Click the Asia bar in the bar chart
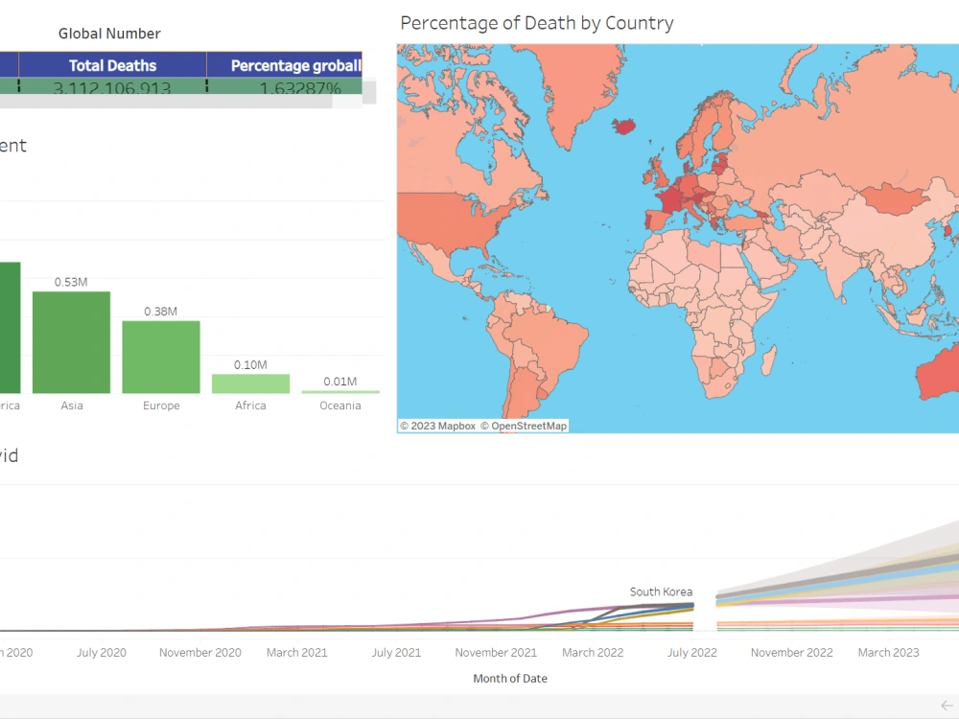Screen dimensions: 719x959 pyautogui.click(x=71, y=342)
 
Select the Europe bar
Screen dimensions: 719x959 pyautogui.click(x=161, y=357)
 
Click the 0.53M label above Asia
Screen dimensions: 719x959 pyautogui.click(x=72, y=282)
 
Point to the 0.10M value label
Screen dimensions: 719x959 pyautogui.click(x=250, y=365)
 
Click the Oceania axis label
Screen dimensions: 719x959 pyautogui.click(x=340, y=406)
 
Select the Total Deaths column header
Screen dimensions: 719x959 pyautogui.click(x=112, y=65)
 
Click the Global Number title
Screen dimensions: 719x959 pyautogui.click(x=109, y=34)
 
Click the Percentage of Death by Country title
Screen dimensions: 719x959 pyautogui.click(x=536, y=23)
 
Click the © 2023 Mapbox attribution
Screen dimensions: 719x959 pyautogui.click(x=437, y=426)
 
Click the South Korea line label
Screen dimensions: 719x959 pyautogui.click(x=661, y=591)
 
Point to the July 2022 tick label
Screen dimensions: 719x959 pyautogui.click(x=692, y=652)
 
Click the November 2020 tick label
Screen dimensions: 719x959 pyautogui.click(x=199, y=652)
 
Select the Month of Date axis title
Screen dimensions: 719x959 pyautogui.click(x=509, y=678)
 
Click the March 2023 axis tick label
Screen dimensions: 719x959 pyautogui.click(x=888, y=652)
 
